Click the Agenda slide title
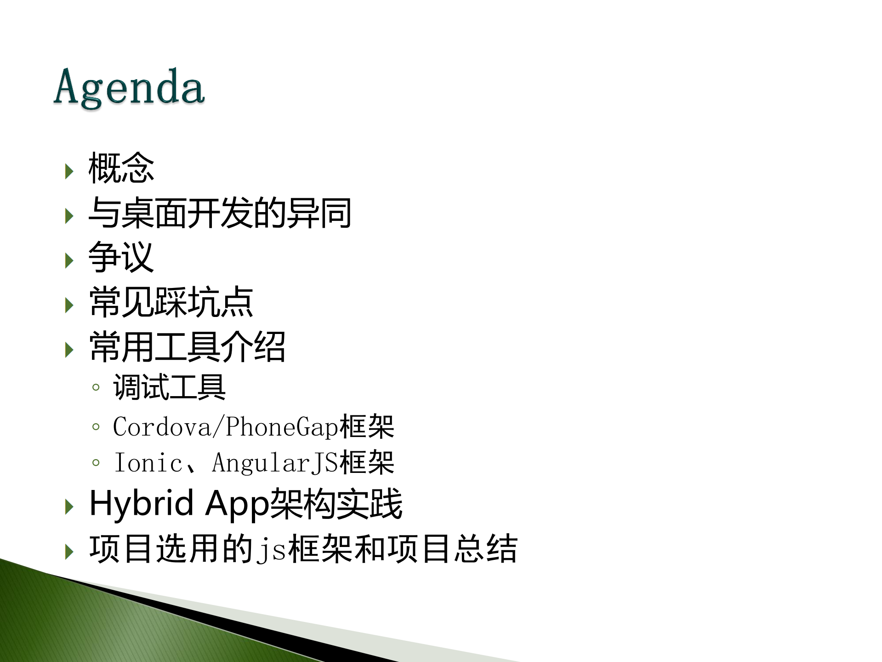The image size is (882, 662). coord(129,87)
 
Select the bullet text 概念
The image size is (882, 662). coord(121,168)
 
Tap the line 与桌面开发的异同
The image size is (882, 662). coord(220,213)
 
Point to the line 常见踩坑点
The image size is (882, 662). coord(171,302)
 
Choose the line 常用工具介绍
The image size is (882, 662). coord(188,347)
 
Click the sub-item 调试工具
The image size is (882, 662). coord(170,387)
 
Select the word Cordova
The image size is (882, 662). coord(162,427)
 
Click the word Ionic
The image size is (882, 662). coord(148,463)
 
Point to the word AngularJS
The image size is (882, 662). coord(275,463)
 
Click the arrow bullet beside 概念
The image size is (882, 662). coord(69,172)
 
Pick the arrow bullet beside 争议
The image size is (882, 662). coord(69,261)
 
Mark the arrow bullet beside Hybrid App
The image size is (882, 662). coord(69,507)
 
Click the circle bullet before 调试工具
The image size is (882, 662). coord(96,387)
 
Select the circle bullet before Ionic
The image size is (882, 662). coord(96,463)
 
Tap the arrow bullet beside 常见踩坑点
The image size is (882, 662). coord(69,305)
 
